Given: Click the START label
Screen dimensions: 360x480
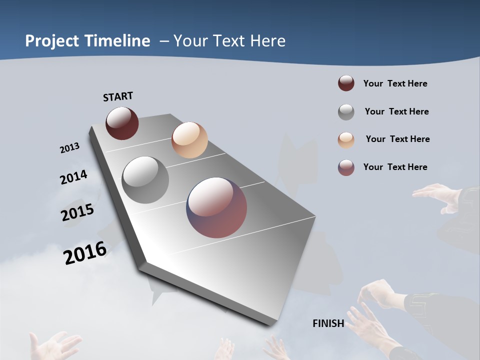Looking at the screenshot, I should click(x=118, y=96).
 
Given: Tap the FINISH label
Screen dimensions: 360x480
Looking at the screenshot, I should click(x=328, y=323).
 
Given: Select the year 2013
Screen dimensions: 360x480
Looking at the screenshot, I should click(x=69, y=148).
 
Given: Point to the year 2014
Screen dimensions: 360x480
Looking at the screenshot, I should click(x=73, y=177).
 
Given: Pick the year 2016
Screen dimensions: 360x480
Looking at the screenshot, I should click(x=85, y=253).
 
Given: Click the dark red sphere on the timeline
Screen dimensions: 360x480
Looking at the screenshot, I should click(x=122, y=123).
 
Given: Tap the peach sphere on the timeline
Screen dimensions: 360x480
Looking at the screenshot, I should click(x=189, y=139).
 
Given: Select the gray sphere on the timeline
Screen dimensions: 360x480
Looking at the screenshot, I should click(x=145, y=180).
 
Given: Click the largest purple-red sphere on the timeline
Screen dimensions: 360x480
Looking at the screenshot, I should click(x=216, y=207).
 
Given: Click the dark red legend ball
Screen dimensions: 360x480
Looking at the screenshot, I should click(x=346, y=83).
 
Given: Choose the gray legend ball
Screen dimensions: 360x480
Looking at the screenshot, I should click(x=346, y=112).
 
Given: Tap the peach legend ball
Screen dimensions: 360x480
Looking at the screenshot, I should click(x=346, y=140).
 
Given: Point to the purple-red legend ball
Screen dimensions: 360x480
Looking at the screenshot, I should click(x=346, y=167).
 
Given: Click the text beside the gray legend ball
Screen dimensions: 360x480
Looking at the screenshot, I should click(x=396, y=111).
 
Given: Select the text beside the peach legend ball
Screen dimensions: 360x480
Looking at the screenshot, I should click(x=397, y=139).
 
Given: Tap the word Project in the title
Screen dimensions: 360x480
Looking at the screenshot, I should click(x=52, y=41).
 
